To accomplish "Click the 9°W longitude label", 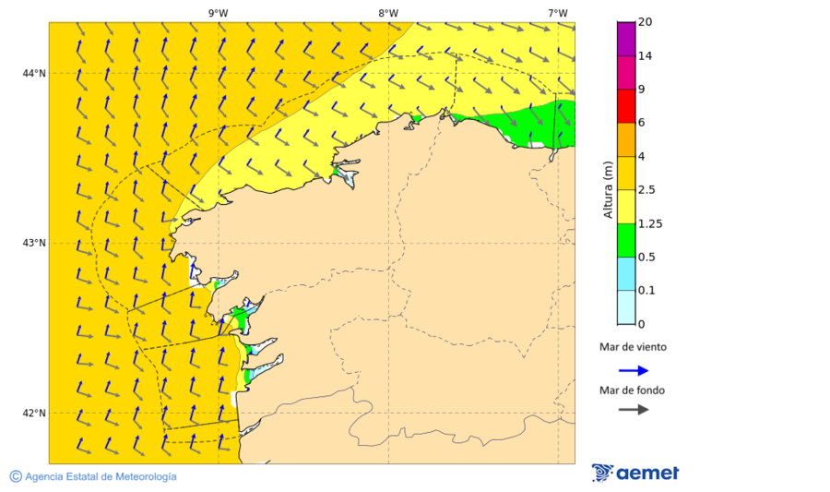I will [x=218, y=13].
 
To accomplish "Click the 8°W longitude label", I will [x=388, y=13].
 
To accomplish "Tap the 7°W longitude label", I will [x=557, y=13].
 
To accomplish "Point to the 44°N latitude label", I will [x=34, y=73].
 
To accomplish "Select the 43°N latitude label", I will [x=34, y=243].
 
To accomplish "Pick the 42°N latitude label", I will [x=34, y=413].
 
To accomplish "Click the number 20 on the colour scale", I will [x=646, y=22].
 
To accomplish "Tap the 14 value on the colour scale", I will [x=646, y=56].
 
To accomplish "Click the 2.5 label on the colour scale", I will [x=647, y=190].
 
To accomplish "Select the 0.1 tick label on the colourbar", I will [x=647, y=291].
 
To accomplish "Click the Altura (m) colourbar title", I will [x=608, y=189].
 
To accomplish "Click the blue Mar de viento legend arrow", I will [x=633, y=370].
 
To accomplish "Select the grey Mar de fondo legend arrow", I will [x=633, y=409].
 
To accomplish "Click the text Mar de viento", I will [x=633, y=348].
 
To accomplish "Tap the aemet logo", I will [x=635, y=473].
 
